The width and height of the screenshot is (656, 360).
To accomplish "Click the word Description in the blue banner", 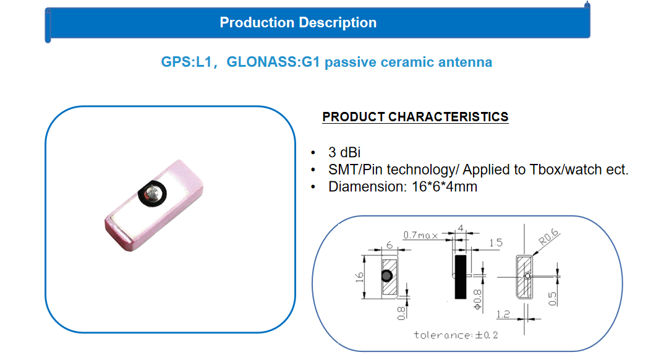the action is (338, 23).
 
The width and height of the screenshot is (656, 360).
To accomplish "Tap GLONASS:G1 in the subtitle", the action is (273, 62).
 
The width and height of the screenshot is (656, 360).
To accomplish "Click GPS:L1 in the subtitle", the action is (187, 62).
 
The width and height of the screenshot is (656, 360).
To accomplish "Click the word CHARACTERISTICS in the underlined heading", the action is (448, 117).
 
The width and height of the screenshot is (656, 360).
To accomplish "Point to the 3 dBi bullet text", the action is (344, 152).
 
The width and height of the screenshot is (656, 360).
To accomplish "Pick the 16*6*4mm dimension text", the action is (445, 187).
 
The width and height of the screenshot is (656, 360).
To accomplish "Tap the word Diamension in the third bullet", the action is (367, 187).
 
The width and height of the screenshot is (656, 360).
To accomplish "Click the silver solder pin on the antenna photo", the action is (152, 194).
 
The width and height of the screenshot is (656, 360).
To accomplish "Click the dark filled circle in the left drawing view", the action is (386, 275).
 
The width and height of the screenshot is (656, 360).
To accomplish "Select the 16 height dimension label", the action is (359, 276).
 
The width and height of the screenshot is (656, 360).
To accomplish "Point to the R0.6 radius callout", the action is (549, 237).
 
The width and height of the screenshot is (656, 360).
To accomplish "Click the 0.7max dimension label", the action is (420, 235).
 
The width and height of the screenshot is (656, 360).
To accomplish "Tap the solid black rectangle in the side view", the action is (461, 276).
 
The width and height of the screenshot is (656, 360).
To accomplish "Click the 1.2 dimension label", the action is (503, 314).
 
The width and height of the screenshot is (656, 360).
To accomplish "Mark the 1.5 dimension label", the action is (496, 243).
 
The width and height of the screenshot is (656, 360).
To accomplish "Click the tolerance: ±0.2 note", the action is (456, 335).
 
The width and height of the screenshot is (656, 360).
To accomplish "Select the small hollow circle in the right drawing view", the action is (527, 276).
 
